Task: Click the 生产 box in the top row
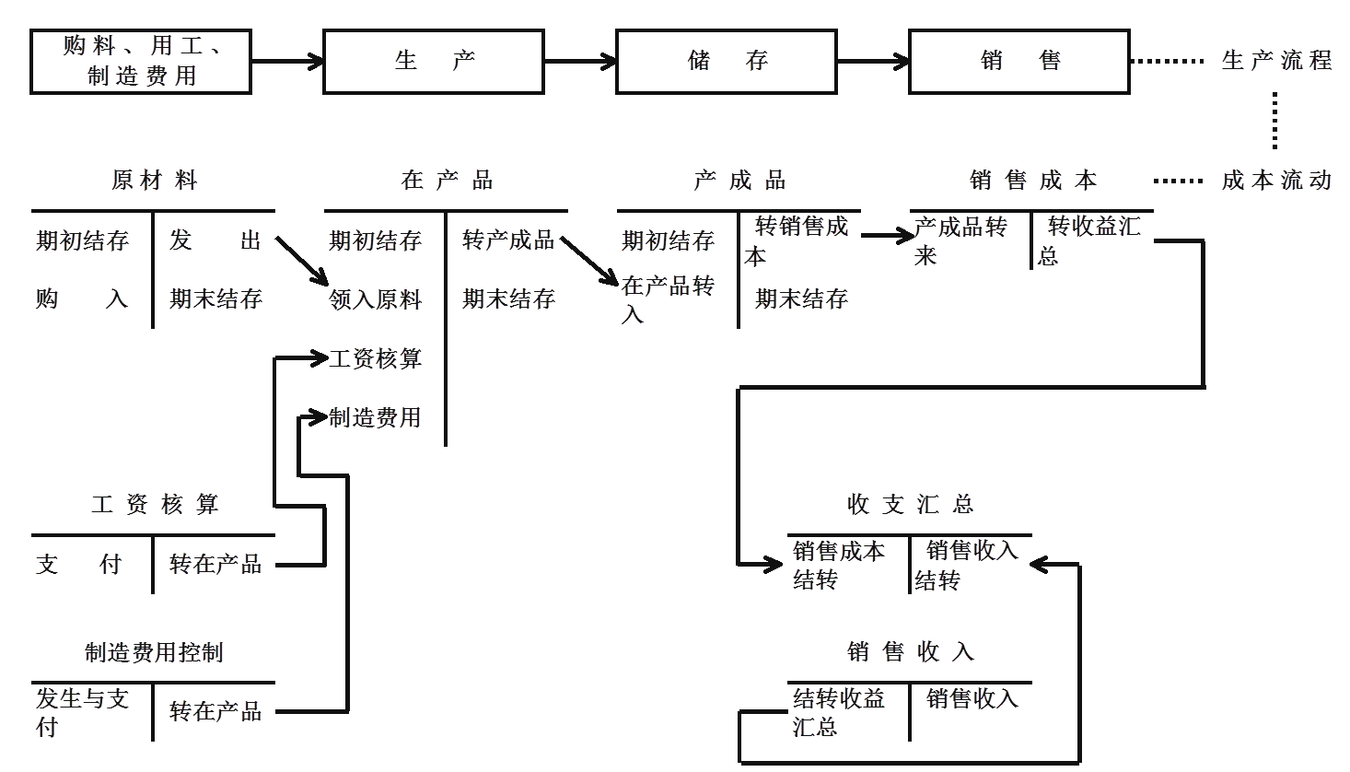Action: [433, 62]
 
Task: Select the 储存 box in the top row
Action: [726, 62]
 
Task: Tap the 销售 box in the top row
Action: [1018, 62]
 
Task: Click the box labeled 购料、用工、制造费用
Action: [141, 62]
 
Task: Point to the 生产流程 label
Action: [1275, 61]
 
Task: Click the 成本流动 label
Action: [1275, 180]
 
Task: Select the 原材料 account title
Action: [154, 180]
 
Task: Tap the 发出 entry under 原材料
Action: [215, 240]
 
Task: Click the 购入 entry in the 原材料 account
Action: [81, 298]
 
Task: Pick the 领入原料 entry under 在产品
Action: [376, 298]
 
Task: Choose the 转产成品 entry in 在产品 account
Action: [508, 240]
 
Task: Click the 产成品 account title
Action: [739, 180]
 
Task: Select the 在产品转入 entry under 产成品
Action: [668, 298]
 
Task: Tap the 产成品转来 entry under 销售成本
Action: [960, 240]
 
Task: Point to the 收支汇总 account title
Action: [910, 504]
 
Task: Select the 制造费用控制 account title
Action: [154, 653]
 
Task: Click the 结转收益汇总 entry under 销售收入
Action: [838, 711]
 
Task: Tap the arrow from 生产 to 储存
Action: [579, 62]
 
